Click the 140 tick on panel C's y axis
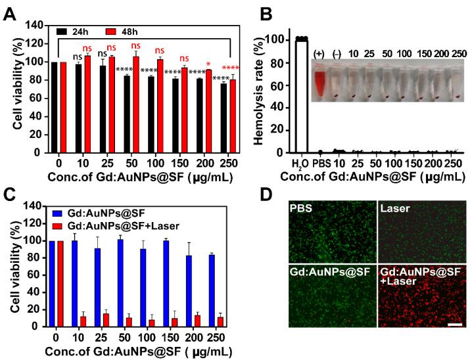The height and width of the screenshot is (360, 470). [x=36, y=204]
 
